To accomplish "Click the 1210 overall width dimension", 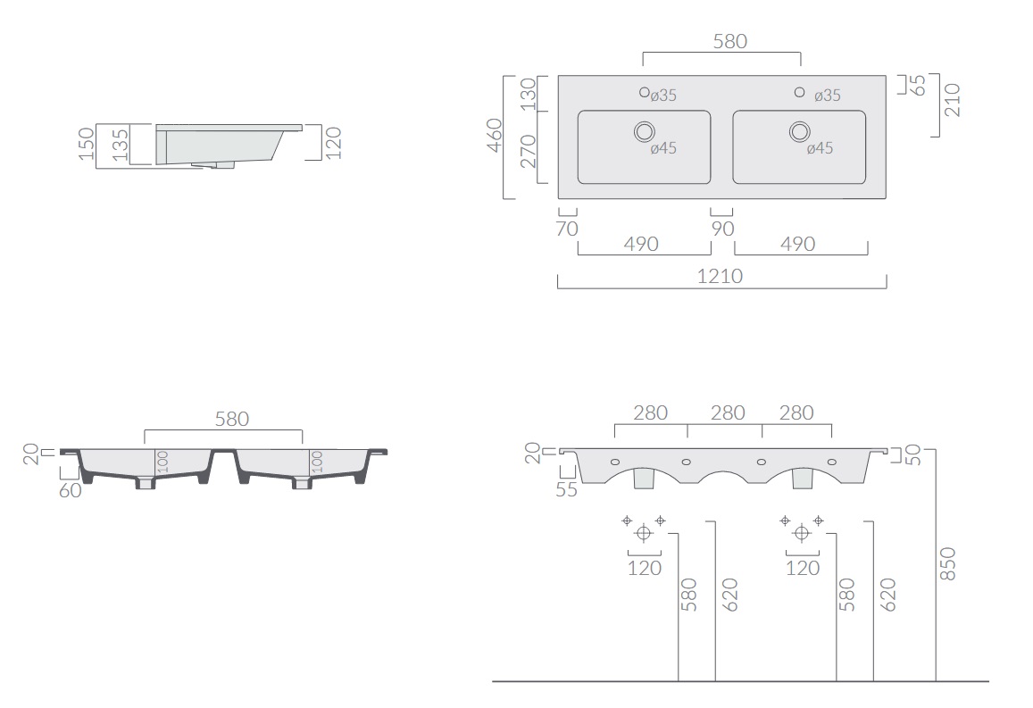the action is click(x=721, y=276).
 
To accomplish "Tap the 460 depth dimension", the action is click(x=495, y=136).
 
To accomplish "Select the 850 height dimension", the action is click(x=947, y=563).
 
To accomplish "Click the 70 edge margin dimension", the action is click(x=567, y=229).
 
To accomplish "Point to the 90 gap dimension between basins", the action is click(x=722, y=229).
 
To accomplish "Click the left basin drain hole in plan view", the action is click(x=645, y=132).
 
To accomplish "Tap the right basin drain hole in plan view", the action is click(x=800, y=132).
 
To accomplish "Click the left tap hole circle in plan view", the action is click(x=645, y=92).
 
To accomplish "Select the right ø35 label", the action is click(x=828, y=96).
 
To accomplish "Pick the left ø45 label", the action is click(x=663, y=149).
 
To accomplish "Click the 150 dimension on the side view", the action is click(x=87, y=144).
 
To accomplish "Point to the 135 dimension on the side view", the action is click(x=120, y=145).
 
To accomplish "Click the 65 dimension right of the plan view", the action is click(x=918, y=85).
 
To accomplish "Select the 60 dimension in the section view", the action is click(x=71, y=491).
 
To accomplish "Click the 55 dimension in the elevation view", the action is click(x=567, y=490).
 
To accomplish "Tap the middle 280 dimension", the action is click(x=728, y=413).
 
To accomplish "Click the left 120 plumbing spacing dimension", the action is click(x=645, y=569).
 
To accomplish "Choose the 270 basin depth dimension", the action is click(x=529, y=152).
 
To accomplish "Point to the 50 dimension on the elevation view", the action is click(x=912, y=454).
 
